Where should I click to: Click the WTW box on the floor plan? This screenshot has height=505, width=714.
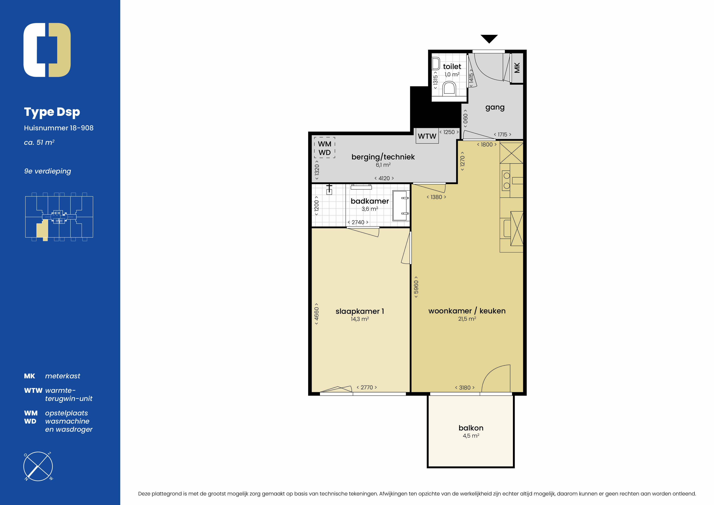pyautogui.click(x=427, y=136)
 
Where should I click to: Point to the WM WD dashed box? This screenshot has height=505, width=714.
pyautogui.click(x=324, y=148)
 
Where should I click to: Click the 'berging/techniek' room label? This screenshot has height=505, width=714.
pyautogui.click(x=383, y=157)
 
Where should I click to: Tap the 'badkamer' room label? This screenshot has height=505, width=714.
pyautogui.click(x=370, y=201)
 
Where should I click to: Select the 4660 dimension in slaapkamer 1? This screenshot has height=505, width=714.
pyautogui.click(x=316, y=314)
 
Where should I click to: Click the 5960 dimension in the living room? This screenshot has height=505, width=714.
pyautogui.click(x=416, y=287)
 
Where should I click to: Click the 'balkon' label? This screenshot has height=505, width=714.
pyautogui.click(x=471, y=428)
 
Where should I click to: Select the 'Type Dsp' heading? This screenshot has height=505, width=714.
pyautogui.click(x=52, y=112)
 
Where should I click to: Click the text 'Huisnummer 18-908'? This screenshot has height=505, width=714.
pyautogui.click(x=59, y=128)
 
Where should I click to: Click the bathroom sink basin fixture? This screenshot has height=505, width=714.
pyautogui.click(x=401, y=206)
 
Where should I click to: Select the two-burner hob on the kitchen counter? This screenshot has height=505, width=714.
pyautogui.click(x=506, y=180)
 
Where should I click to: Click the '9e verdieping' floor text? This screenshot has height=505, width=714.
pyautogui.click(x=48, y=171)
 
